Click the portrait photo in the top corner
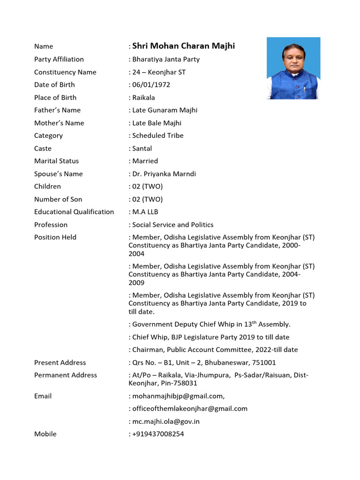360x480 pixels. click(x=293, y=68)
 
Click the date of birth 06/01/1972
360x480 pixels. click(x=151, y=85)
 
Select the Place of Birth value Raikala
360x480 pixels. click(x=143, y=97)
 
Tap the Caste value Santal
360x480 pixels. click(x=142, y=149)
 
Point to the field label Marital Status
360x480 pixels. click(x=57, y=161)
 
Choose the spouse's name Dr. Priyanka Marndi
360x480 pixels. click(x=164, y=174)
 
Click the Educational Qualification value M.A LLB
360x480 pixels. click(x=145, y=212)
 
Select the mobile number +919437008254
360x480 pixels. click(x=158, y=434)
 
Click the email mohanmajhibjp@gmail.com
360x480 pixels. click(x=178, y=396)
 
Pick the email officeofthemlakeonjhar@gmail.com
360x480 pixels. click(x=190, y=409)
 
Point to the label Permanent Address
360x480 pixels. click(x=66, y=375)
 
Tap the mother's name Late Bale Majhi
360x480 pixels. click(x=157, y=123)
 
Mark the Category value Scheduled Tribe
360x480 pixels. click(x=158, y=136)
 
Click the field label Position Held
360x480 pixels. click(x=55, y=237)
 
